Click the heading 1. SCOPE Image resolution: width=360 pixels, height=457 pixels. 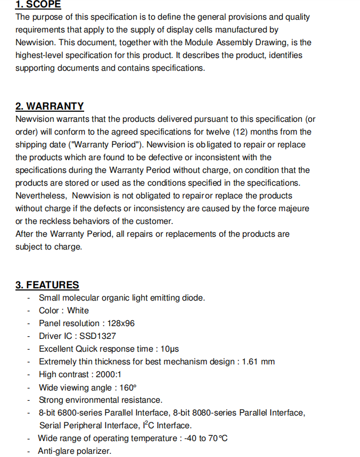38,5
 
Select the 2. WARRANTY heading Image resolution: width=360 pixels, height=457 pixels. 50,106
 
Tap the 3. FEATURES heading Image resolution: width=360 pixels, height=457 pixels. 47,285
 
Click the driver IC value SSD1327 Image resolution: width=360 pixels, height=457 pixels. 97,336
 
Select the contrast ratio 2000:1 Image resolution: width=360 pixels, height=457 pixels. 109,375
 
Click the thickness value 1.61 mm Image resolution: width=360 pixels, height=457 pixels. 258,362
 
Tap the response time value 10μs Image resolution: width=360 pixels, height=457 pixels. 169,349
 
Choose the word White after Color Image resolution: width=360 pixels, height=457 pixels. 78,311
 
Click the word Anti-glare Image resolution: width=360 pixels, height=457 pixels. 55,451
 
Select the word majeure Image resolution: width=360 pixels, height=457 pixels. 292,209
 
